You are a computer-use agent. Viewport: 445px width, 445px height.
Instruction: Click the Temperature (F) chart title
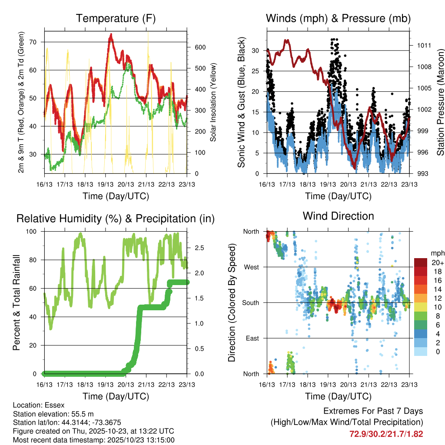[x=115, y=19]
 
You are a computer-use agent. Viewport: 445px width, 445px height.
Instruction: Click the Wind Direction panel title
[x=338, y=216]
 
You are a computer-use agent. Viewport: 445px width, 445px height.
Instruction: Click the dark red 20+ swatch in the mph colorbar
[x=421, y=262]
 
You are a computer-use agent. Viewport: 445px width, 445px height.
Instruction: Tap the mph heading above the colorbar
[x=437, y=253]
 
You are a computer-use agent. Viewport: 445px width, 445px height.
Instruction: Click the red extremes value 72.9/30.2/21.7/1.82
[x=386, y=434]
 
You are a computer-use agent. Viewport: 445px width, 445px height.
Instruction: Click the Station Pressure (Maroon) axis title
[x=440, y=103]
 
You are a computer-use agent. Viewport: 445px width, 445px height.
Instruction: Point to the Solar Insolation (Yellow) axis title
[x=213, y=103]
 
